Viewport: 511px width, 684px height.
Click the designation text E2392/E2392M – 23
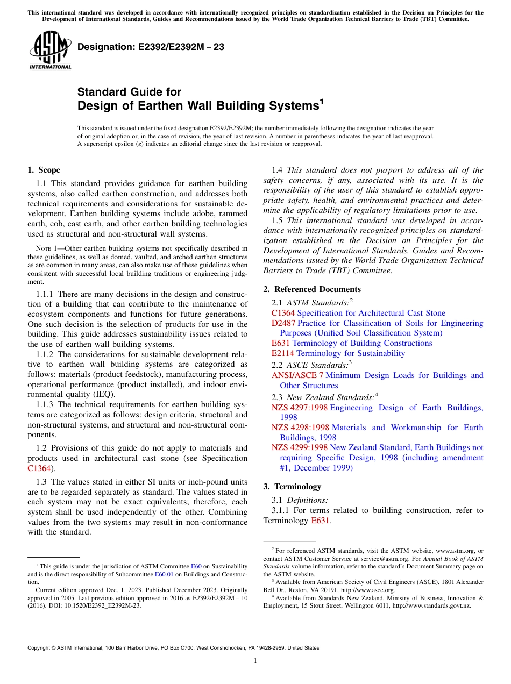pyautogui.click(x=151, y=47)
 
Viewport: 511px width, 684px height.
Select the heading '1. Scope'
pyautogui.click(x=44, y=170)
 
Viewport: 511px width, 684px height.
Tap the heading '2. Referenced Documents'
pyautogui.click(x=312, y=289)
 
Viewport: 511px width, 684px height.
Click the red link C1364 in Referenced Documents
pyautogui.click(x=283, y=313)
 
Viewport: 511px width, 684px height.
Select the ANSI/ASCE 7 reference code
pyautogui.click(x=297, y=375)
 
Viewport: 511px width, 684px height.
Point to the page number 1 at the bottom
pyautogui.click(x=256, y=661)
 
